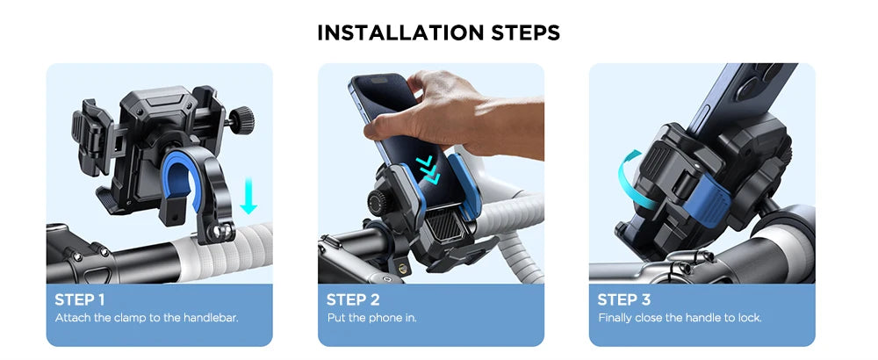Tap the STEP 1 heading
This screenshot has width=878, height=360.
[81, 299]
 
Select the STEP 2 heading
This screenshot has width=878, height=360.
[353, 299]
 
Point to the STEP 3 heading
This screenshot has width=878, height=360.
[624, 299]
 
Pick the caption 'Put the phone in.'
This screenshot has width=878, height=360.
[371, 317]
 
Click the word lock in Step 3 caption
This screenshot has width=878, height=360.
[749, 317]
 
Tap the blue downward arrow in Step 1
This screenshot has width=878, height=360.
[248, 195]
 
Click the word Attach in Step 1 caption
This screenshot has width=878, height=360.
[71, 317]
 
